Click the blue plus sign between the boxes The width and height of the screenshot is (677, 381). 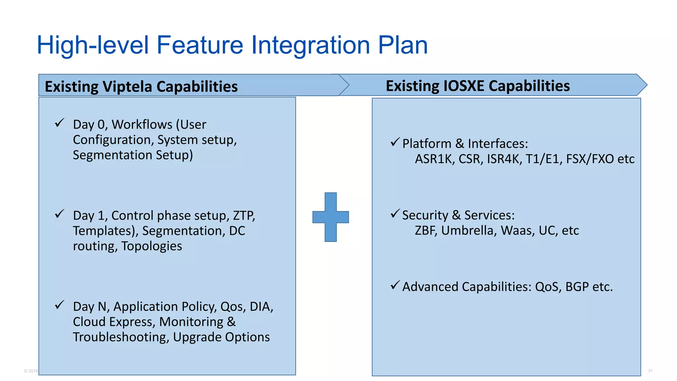coord(331,217)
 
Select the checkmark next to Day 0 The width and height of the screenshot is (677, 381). coord(60,123)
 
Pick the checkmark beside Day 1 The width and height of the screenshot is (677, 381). coord(60,214)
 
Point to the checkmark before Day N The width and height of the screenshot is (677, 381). coord(60,305)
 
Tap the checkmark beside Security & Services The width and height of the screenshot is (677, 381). coord(395,214)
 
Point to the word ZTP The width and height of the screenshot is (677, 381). coord(244,216)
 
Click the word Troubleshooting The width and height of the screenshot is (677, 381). coord(121,337)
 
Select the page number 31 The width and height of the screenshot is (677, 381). coord(650,371)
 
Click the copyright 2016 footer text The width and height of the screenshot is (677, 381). coord(31,371)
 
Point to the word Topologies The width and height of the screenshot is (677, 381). coord(151,246)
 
